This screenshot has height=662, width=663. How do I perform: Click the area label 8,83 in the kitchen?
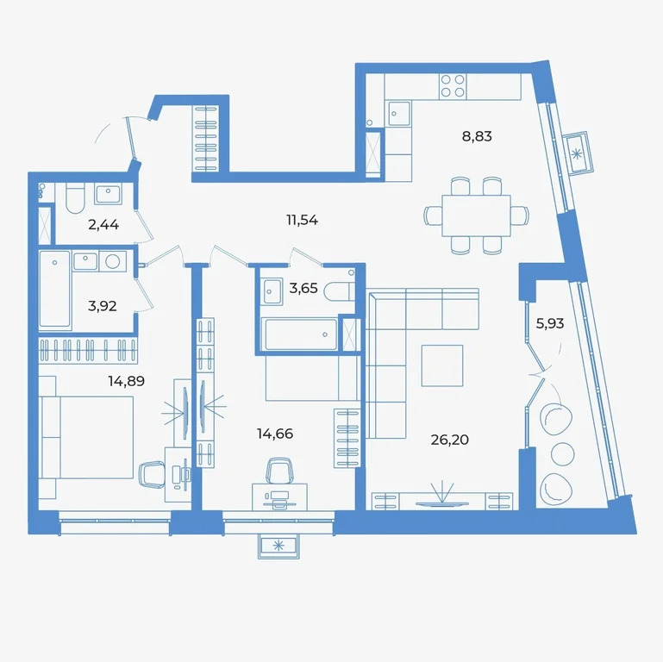pyautogui.click(x=476, y=135)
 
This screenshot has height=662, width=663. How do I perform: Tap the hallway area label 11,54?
pyautogui.click(x=302, y=220)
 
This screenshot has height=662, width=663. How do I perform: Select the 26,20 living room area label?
pyautogui.click(x=448, y=439)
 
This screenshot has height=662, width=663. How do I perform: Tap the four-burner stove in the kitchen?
pyautogui.click(x=453, y=85)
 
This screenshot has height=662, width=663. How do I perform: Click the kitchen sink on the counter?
pyautogui.click(x=398, y=113)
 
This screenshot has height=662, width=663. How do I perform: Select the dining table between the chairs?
pyautogui.click(x=476, y=215)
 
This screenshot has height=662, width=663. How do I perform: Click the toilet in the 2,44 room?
pyautogui.click(x=72, y=198)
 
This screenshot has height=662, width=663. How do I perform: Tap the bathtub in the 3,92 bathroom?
pyautogui.click(x=55, y=290)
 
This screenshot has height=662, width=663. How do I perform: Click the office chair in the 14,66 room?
pyautogui.click(x=278, y=471)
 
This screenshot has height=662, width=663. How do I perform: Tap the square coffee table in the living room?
pyautogui.click(x=441, y=364)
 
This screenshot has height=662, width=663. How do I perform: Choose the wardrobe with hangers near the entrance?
pyautogui.click(x=208, y=138)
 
